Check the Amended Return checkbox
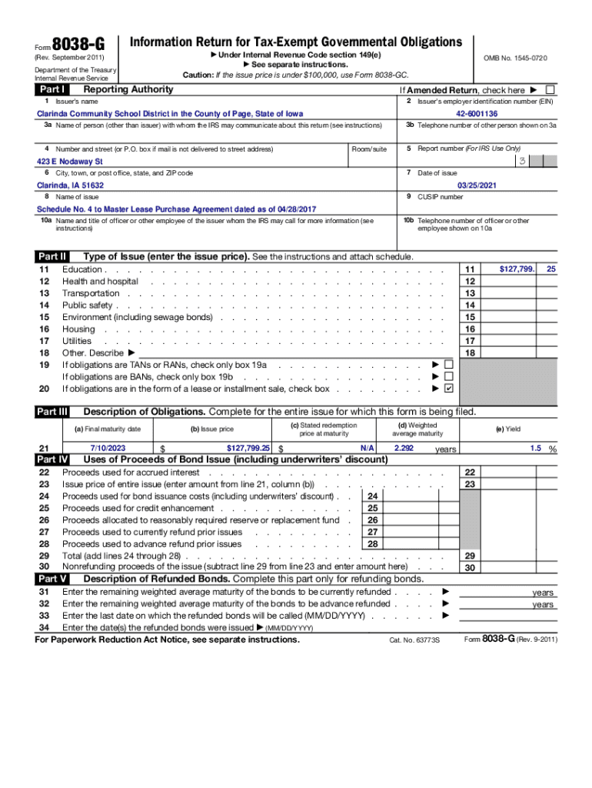tap(550, 90)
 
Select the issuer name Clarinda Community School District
tap(170, 114)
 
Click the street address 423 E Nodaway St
tap(70, 162)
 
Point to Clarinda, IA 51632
tap(71, 185)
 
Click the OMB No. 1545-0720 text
tap(515, 58)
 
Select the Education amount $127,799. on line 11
tap(517, 269)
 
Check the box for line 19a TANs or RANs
tap(449, 364)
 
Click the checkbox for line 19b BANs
tap(449, 376)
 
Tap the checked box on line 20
tap(449, 389)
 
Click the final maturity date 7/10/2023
tap(107, 447)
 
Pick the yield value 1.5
tap(535, 447)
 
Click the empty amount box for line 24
tap(410, 496)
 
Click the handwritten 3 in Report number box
tap(522, 161)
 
